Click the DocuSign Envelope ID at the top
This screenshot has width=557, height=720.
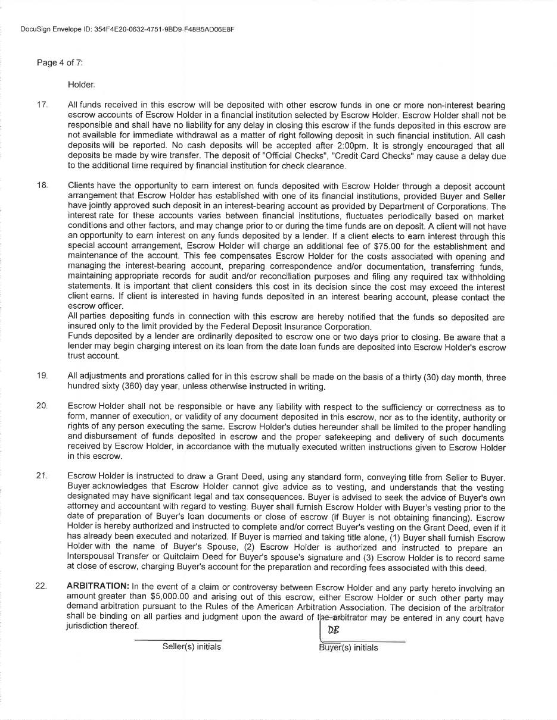pyautogui.click(x=126, y=29)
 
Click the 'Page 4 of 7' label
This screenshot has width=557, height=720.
pyautogui.click(x=60, y=62)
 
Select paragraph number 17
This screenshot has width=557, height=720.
pyautogui.click(x=42, y=105)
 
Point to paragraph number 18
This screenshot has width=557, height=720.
pyautogui.click(x=42, y=186)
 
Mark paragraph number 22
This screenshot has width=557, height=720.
pyautogui.click(x=41, y=586)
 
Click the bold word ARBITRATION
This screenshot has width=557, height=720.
pyautogui.click(x=98, y=586)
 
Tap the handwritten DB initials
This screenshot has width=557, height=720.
pyautogui.click(x=333, y=630)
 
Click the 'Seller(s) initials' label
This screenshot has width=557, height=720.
pyautogui.click(x=191, y=647)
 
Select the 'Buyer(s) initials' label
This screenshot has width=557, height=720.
pyautogui.click(x=348, y=648)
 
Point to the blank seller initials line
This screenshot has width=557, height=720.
pyautogui.click(x=177, y=640)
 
